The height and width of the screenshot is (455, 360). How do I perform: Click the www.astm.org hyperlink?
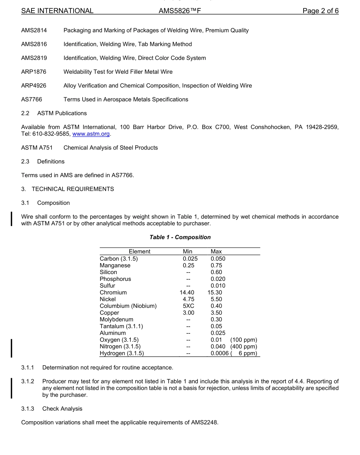pyautogui.click(x=91, y=134)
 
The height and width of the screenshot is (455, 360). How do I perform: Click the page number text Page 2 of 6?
pyautogui.click(x=320, y=11)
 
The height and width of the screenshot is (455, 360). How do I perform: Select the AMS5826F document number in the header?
pyautogui.click(x=180, y=11)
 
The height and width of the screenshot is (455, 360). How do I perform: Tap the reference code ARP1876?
pyautogui.click(x=34, y=72)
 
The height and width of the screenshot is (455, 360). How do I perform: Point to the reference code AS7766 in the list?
pyautogui.click(x=31, y=100)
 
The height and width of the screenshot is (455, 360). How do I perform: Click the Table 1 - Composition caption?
pyautogui.click(x=180, y=237)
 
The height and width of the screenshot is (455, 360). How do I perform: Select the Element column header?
pyautogui.click(x=139, y=252)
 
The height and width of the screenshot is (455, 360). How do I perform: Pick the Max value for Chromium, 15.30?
pyautogui.click(x=215, y=293)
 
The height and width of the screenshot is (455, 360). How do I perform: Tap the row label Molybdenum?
pyautogui.click(x=116, y=320)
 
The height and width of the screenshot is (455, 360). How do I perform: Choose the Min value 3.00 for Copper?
pyautogui.click(x=188, y=313)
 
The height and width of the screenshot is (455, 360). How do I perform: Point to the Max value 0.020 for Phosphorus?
pyautogui.click(x=218, y=279)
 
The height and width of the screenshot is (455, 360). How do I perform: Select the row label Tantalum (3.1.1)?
pyautogui.click(x=121, y=326)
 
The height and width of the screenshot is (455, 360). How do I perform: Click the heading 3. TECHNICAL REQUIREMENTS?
pyautogui.click(x=67, y=189)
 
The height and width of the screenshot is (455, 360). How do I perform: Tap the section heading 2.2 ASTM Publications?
pyautogui.click(x=54, y=113)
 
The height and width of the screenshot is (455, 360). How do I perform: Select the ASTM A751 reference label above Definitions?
pyautogui.click(x=37, y=148)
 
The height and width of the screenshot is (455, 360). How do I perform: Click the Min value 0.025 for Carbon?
pyautogui.click(x=190, y=259)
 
